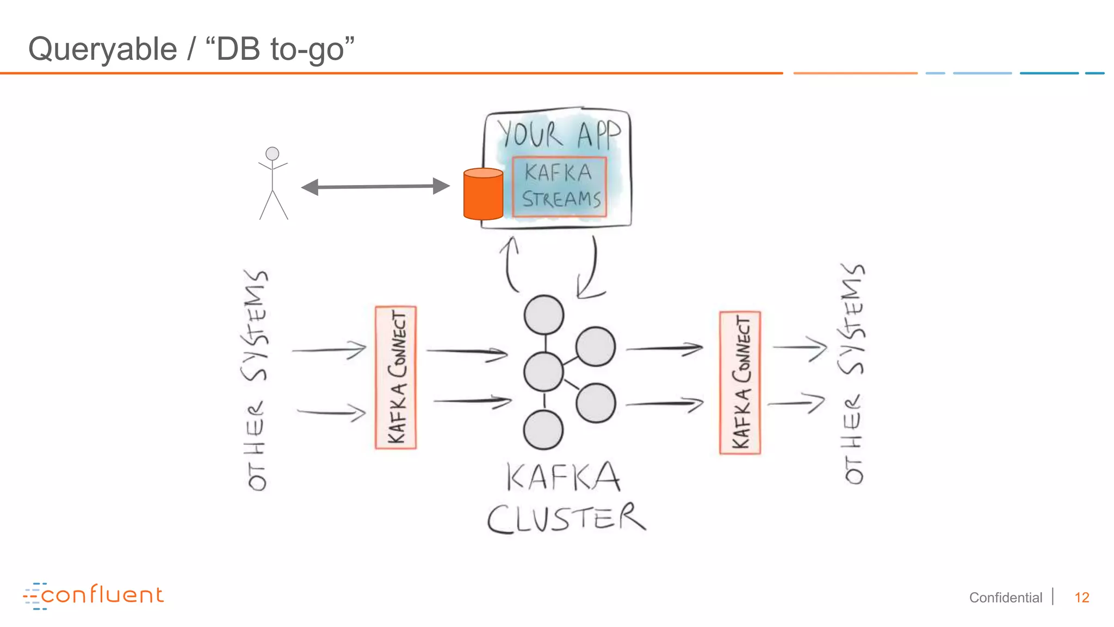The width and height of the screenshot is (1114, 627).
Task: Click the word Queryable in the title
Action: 103,49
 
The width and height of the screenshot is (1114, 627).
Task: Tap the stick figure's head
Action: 272,153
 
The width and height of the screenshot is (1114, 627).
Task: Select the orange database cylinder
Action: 483,194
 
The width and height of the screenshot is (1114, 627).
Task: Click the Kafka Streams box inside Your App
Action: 559,187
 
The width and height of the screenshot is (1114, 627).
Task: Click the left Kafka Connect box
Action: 396,377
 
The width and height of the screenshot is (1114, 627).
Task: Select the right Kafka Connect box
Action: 740,383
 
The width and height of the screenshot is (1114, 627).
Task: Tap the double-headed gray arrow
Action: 375,187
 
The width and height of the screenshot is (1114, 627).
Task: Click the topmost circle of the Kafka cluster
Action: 543,315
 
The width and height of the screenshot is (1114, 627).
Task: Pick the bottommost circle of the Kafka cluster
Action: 543,430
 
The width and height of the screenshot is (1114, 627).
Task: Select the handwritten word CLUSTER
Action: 566,518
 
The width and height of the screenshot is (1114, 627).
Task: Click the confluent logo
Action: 94,595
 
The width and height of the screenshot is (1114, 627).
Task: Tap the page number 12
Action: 1081,598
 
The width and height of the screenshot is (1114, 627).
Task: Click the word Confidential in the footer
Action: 1005,598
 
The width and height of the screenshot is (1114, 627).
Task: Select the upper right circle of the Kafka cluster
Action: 596,347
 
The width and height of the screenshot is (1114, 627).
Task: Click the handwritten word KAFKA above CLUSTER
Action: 563,477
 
